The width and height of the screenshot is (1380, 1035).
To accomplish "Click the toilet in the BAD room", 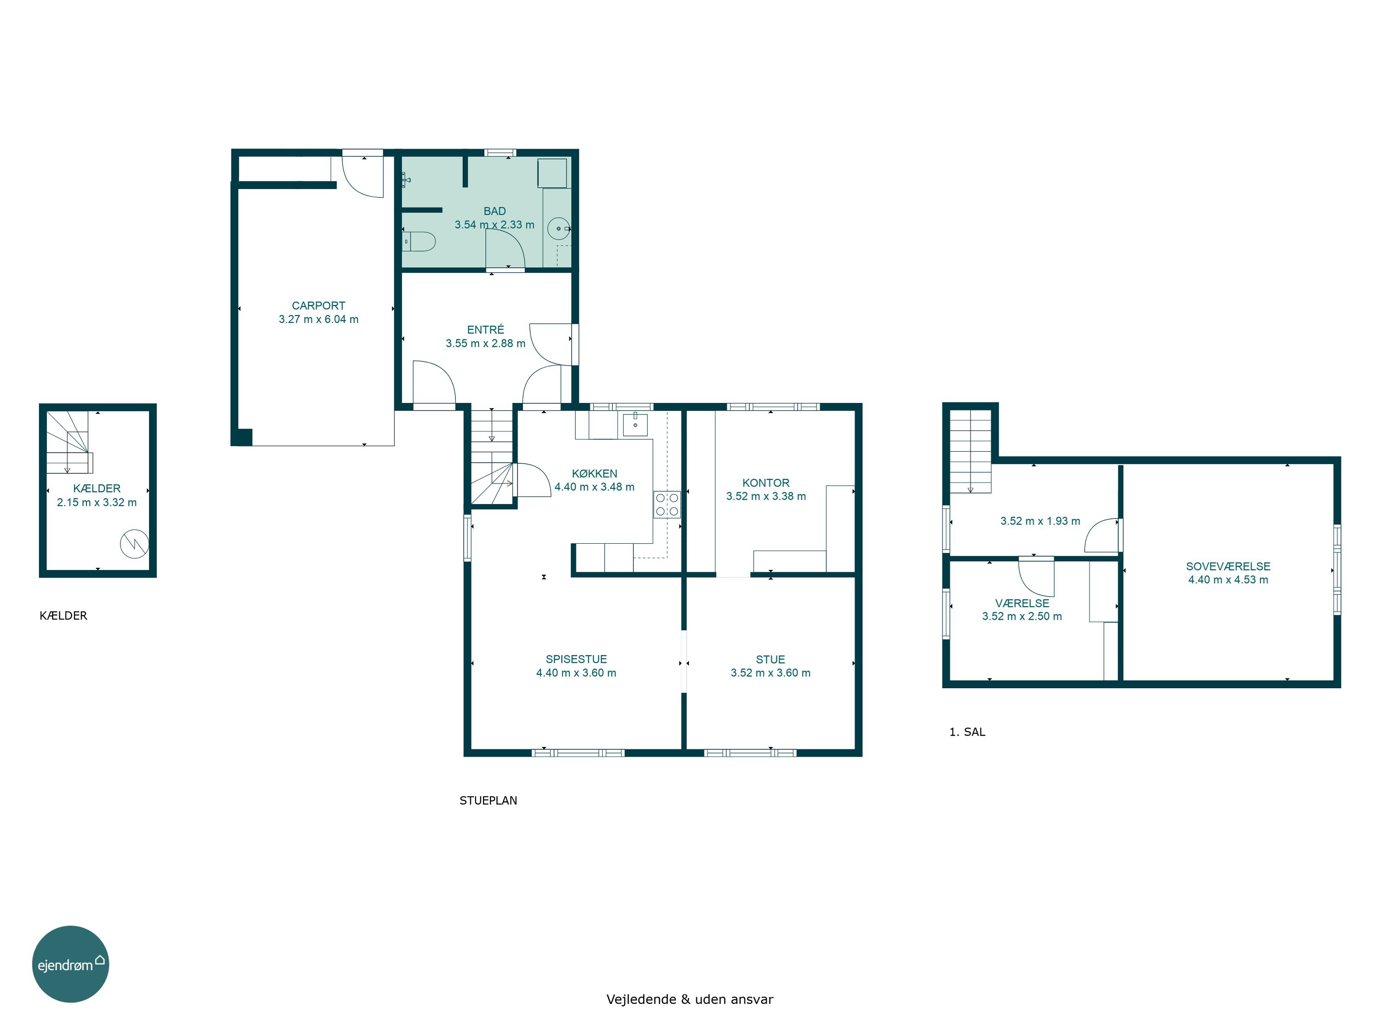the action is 418,241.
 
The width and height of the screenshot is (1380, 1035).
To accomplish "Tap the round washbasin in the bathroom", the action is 559,228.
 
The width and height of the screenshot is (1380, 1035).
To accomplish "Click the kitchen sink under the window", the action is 635,424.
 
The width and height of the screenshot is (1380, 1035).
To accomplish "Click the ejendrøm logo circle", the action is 70,964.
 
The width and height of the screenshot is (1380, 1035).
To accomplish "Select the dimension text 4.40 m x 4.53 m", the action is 1228,580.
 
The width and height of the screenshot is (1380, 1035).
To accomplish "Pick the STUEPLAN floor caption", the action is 488,800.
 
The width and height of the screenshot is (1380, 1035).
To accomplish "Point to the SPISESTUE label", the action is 576,659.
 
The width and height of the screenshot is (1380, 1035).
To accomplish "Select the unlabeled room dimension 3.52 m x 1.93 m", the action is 1040,521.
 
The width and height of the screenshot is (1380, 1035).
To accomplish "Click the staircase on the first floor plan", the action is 971,452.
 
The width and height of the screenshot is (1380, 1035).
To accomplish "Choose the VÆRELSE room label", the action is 1022,603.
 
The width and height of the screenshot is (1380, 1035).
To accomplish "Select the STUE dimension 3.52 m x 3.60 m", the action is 770,673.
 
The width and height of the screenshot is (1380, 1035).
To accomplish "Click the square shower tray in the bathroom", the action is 553,173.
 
